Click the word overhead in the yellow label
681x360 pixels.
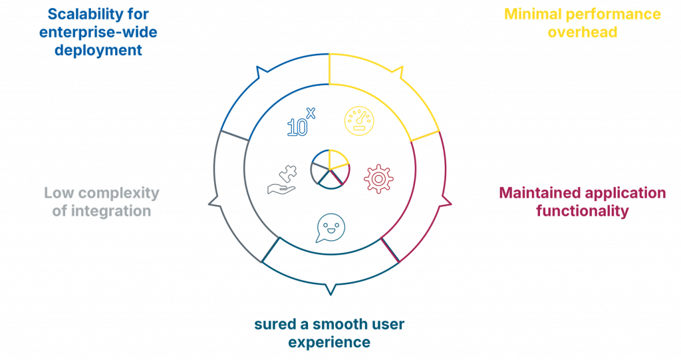coord(582,33)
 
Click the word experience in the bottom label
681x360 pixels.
coord(329,343)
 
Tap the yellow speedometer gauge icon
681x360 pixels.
coord(359,121)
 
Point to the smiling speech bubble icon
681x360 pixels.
coord(331,228)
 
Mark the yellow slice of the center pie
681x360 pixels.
coord(339,159)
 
